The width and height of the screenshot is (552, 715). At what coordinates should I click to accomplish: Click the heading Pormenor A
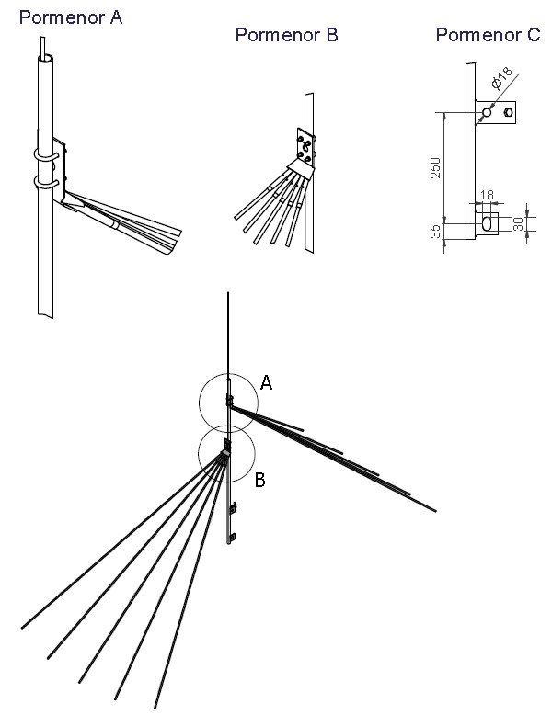(x=71, y=17)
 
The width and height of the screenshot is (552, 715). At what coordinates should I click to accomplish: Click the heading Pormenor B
(x=286, y=35)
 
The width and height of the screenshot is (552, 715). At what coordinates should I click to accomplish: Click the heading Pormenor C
(x=488, y=35)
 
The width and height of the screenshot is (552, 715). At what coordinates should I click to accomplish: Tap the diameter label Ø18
(x=501, y=77)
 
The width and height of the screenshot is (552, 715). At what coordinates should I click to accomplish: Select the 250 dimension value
(x=436, y=168)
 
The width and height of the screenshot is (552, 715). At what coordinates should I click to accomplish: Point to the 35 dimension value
(x=436, y=232)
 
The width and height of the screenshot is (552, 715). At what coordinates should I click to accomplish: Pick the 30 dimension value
(x=518, y=224)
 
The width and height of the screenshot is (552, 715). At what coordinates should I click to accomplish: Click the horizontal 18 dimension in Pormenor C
(x=488, y=195)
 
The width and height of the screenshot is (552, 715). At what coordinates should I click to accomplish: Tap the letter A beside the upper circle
(x=266, y=382)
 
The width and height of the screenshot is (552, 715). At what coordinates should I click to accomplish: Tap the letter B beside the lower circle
(x=259, y=480)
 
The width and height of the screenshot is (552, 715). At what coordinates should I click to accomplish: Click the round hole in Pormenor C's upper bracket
(x=488, y=112)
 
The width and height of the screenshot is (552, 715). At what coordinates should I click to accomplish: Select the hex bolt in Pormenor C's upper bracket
(x=508, y=112)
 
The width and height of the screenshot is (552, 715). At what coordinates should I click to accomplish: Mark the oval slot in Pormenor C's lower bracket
(x=488, y=223)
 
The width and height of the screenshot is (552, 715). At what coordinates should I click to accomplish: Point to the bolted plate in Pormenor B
(x=305, y=146)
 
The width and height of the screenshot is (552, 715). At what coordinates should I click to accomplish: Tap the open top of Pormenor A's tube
(x=45, y=58)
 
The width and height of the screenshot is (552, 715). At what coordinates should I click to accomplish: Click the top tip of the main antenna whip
(x=228, y=293)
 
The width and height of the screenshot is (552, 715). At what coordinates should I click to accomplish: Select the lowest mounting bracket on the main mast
(x=233, y=538)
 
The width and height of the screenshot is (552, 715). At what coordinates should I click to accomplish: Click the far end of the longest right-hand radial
(x=435, y=511)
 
